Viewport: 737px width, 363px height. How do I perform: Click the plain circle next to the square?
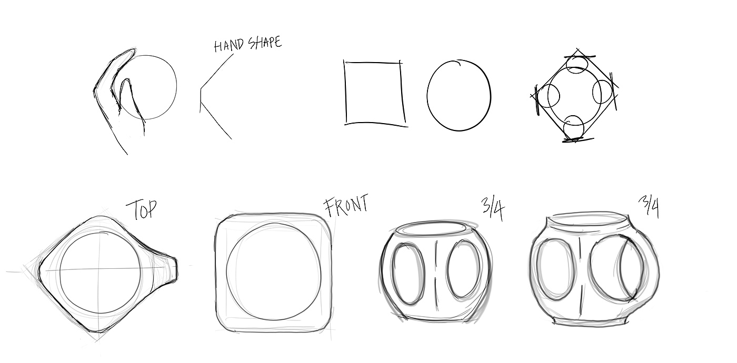pyautogui.click(x=427, y=95)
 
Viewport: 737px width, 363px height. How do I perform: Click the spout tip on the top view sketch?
pyautogui.click(x=176, y=269)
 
